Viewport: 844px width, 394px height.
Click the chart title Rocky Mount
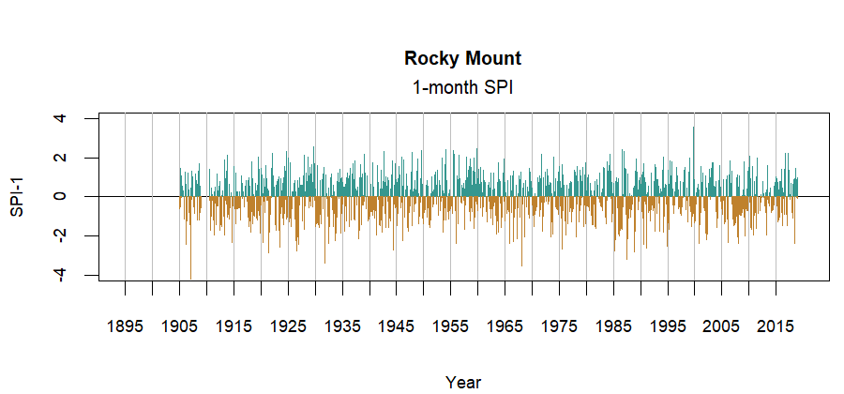tap(462, 58)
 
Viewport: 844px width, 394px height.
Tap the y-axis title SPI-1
tap(17, 196)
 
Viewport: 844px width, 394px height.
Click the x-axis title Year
tap(463, 382)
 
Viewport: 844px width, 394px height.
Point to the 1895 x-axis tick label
tap(125, 326)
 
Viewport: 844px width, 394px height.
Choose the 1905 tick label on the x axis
tap(179, 326)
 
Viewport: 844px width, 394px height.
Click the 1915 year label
tap(234, 326)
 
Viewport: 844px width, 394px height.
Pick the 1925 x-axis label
tap(288, 326)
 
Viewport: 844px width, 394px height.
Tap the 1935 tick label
tap(342, 326)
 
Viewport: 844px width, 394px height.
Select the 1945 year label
tap(397, 326)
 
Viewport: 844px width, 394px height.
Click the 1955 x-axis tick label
tap(451, 326)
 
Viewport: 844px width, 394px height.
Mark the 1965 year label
tap(505, 326)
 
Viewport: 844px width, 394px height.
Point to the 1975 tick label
tap(560, 326)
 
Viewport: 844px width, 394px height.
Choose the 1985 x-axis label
tap(613, 326)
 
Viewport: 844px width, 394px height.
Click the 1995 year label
tap(668, 326)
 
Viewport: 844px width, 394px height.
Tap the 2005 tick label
tap(722, 326)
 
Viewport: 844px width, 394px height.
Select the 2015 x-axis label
tap(776, 326)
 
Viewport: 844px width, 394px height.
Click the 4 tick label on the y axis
tap(61, 118)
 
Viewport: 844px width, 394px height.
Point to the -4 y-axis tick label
tap(61, 274)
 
